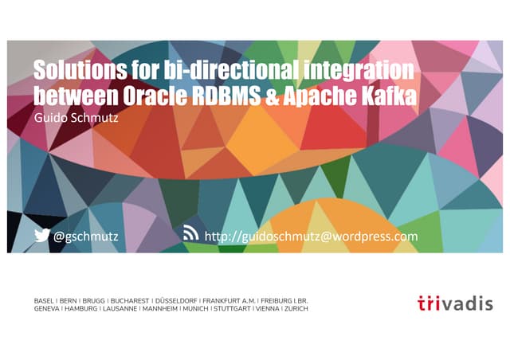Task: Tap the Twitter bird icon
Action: (x=41, y=235)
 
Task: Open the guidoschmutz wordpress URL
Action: (x=311, y=236)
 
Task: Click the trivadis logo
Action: (x=455, y=303)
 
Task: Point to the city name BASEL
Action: (x=45, y=300)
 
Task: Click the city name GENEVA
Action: (x=47, y=308)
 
